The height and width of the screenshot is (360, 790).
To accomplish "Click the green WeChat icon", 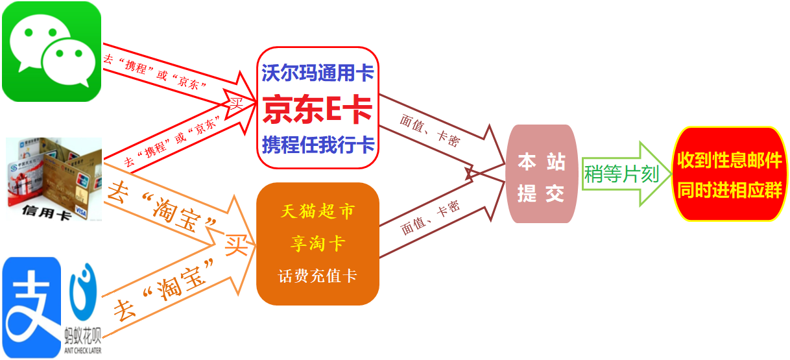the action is pos(51,51).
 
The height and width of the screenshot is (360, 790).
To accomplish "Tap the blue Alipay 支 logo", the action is pos(31,307).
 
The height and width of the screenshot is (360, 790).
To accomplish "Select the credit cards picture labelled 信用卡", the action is pos(54,179).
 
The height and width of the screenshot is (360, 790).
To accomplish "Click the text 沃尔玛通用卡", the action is pos(317,73).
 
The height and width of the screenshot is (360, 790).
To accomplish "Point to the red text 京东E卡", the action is pos(317,110).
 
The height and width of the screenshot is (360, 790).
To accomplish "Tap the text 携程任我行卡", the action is pos(318,145).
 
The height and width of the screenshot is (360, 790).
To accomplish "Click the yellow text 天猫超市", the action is pos(317,211).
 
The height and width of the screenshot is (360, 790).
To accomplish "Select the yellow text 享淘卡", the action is pos(317,244).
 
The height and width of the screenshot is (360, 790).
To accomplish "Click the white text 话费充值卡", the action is pos(317,276).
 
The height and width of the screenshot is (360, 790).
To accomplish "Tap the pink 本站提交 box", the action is pos(542,174).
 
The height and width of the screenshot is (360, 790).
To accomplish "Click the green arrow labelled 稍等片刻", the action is pos(626,174).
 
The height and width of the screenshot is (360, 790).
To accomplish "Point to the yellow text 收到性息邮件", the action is pos(730,160).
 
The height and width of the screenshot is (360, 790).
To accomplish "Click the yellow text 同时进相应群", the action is pos(730,191).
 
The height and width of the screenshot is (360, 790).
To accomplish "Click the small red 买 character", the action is pos(236,104).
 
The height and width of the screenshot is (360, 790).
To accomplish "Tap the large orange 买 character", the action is pos(236,245).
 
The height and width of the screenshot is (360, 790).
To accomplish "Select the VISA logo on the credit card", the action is pos(81,211).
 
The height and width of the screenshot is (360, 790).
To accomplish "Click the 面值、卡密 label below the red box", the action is pos(430,130).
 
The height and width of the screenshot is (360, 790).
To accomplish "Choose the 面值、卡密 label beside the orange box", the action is pos(430,218).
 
